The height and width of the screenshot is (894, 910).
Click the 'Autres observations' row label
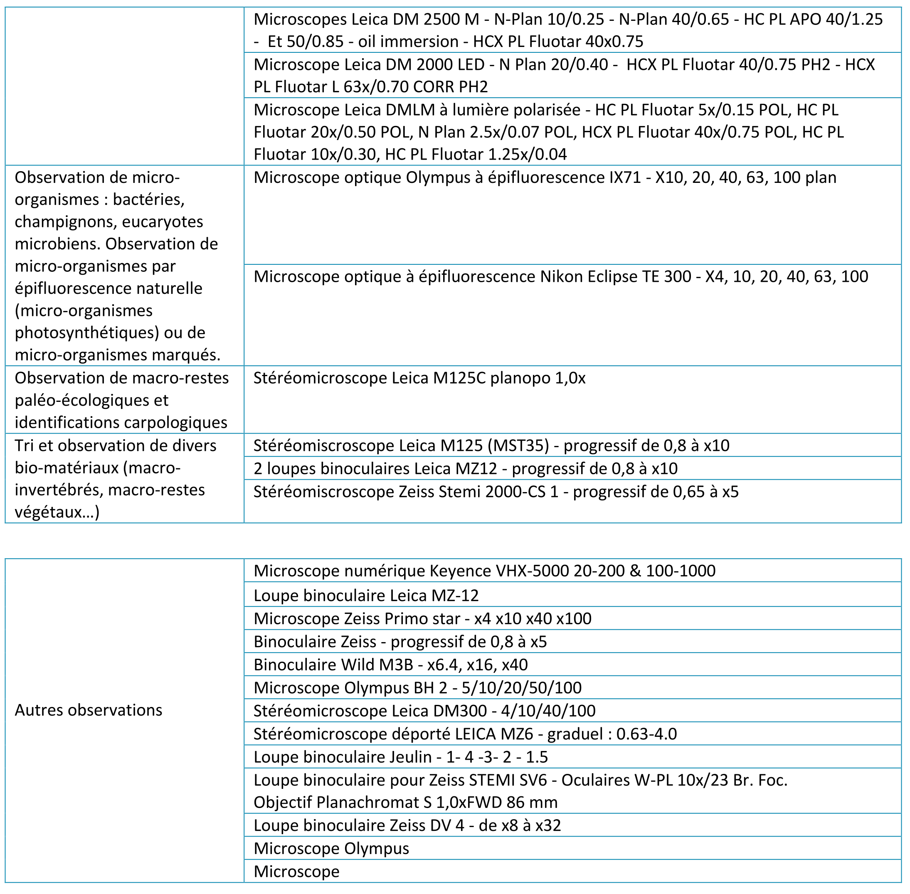[x=88, y=710]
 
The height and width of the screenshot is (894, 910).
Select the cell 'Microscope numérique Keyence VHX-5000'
[x=483, y=571]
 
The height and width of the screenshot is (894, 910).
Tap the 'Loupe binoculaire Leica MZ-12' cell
[x=366, y=595]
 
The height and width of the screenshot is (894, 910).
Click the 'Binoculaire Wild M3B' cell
[x=390, y=665]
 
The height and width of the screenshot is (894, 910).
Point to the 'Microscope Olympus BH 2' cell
[x=417, y=687]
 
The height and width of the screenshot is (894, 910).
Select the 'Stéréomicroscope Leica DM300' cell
[x=424, y=710]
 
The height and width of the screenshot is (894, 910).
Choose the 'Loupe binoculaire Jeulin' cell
[x=400, y=757]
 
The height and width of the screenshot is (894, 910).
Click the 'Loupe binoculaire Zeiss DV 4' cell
[x=407, y=825]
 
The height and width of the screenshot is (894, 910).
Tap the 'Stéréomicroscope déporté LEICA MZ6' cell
[x=465, y=734]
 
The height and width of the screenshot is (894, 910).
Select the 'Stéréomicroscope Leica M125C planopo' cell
[x=419, y=378]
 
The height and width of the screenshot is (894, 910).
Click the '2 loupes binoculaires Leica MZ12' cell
[x=465, y=468]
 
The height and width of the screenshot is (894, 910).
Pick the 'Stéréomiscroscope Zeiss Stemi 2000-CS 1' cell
[x=496, y=492]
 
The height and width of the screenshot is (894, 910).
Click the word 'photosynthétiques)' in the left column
[x=87, y=332]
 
